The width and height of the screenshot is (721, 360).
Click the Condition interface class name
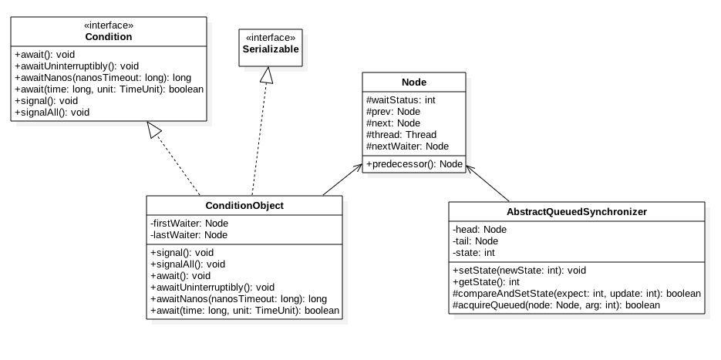coord(109,37)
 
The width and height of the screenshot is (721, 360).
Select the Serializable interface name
coord(271,49)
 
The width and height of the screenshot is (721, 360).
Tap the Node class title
coord(414,82)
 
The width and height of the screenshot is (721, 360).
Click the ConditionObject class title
coord(244,206)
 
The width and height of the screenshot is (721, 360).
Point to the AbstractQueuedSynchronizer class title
coord(577,212)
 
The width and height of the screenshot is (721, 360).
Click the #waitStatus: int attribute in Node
coord(400,100)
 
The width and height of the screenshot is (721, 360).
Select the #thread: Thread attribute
coord(401,135)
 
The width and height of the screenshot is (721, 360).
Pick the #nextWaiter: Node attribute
coord(407,146)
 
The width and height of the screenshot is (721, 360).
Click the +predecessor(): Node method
coord(414,164)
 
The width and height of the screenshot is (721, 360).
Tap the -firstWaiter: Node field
coord(189,224)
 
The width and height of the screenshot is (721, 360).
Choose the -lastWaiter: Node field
coord(188,235)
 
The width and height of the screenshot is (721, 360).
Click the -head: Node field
coord(480,230)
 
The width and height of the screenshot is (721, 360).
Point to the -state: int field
coord(473,252)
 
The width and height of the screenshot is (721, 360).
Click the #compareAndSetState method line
coord(577,294)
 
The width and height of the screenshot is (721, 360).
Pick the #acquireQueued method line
coord(557,304)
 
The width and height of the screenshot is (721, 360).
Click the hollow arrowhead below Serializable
coord(267,76)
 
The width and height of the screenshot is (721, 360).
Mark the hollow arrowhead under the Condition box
coord(153,130)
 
